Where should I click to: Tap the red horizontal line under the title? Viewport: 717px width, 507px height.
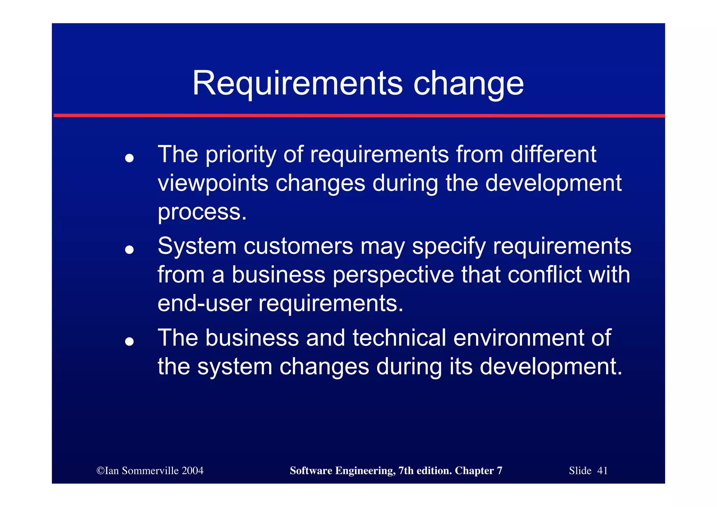[358, 115]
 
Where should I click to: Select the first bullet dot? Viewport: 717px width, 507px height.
[130, 158]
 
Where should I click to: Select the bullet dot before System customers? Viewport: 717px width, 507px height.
[130, 249]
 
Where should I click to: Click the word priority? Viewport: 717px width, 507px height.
[241, 155]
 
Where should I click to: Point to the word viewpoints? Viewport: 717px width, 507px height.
[213, 184]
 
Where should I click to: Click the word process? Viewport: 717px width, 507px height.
[202, 212]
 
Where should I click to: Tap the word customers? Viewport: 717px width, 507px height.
[298, 246]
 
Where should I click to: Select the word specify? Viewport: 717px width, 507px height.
[449, 247]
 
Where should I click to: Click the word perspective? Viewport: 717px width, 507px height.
[393, 275]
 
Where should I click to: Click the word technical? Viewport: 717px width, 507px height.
[399, 338]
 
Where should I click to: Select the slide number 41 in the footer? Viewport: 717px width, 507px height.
[602, 471]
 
